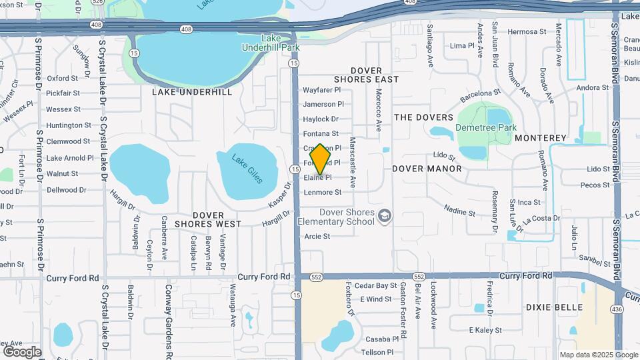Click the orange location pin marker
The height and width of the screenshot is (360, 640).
[x=321, y=159]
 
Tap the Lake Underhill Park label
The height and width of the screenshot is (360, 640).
[x=271, y=43]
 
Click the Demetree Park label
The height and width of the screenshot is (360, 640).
[x=486, y=127]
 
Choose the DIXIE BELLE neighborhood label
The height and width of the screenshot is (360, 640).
[x=554, y=307]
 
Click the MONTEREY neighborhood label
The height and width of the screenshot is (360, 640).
[x=541, y=138]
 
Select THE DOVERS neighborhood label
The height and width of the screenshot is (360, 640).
[x=423, y=117]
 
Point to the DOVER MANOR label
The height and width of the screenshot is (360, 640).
[x=427, y=169]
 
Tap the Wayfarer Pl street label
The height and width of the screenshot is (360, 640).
[x=322, y=89]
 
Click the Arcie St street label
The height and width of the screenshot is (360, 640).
[x=317, y=236]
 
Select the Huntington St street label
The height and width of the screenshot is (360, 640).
[x=69, y=125]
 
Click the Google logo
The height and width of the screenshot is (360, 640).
[x=22, y=351]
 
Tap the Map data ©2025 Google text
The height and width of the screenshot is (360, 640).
[x=598, y=355]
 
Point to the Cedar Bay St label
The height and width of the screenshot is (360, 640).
[x=375, y=285]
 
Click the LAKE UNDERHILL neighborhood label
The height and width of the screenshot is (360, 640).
[x=192, y=92]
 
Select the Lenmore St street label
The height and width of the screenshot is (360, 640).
[x=323, y=192]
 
